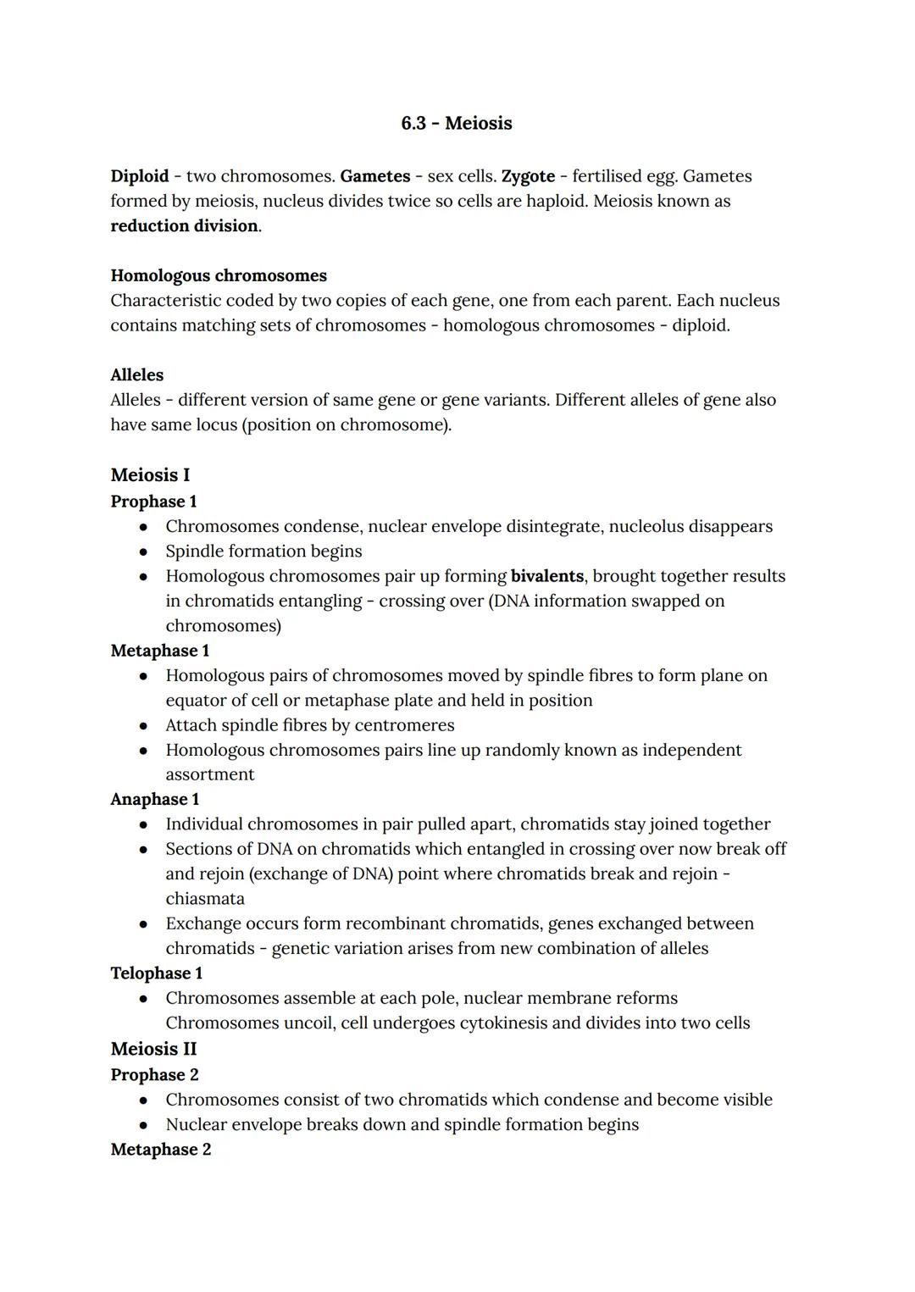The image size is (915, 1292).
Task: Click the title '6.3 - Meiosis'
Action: tap(456, 124)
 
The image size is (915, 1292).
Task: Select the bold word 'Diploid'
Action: tap(140, 176)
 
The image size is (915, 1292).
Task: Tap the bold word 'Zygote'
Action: tap(528, 176)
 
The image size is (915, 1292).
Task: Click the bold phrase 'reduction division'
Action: tap(184, 226)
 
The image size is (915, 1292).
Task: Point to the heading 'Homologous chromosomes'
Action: tap(219, 276)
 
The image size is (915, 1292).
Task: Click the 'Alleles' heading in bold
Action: tap(136, 375)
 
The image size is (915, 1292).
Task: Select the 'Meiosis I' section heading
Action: tap(150, 475)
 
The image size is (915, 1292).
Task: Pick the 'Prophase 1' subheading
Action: tap(153, 502)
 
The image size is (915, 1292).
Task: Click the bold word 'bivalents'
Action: tap(546, 576)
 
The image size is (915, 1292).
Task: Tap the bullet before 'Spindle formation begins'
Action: tap(144, 552)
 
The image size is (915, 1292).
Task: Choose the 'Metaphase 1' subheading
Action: tap(159, 651)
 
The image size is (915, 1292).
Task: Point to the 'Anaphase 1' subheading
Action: tap(155, 800)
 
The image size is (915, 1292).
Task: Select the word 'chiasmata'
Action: tap(205, 899)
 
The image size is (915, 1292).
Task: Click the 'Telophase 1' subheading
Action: tap(157, 973)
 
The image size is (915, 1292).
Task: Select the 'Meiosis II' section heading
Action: tap(153, 1049)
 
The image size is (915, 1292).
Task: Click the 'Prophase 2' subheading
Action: tap(154, 1075)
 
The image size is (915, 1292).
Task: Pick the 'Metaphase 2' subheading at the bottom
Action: tap(160, 1150)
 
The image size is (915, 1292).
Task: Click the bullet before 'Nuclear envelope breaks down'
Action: tap(144, 1125)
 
